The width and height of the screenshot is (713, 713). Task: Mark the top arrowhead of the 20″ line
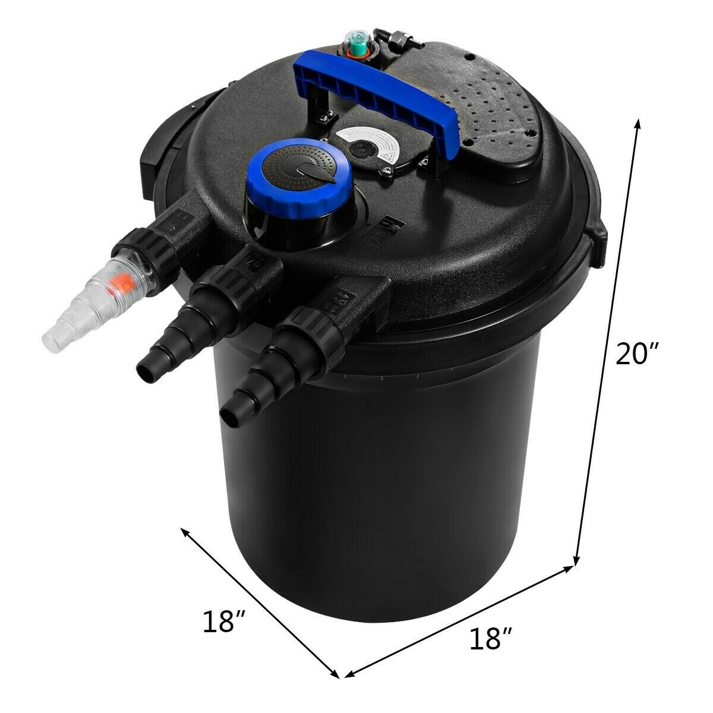[639, 122]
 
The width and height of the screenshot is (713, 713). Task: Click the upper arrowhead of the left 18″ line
[187, 531]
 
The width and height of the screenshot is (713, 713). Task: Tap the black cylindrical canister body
[380, 475]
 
